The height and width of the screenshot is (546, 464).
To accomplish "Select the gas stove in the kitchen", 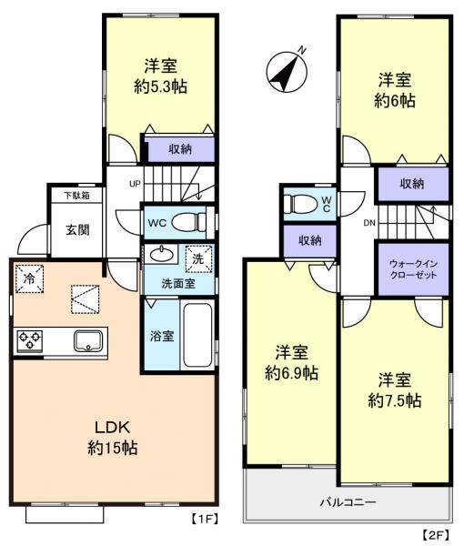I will [x=29, y=341].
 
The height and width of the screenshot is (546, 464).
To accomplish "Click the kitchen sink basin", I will [x=88, y=341].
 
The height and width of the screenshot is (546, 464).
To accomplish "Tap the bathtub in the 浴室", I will [x=197, y=335].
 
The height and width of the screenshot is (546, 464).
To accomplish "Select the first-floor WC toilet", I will [x=188, y=221].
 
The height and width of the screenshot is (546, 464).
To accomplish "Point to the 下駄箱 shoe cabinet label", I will [x=76, y=195].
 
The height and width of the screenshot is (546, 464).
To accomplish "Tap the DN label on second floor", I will [x=368, y=221].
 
